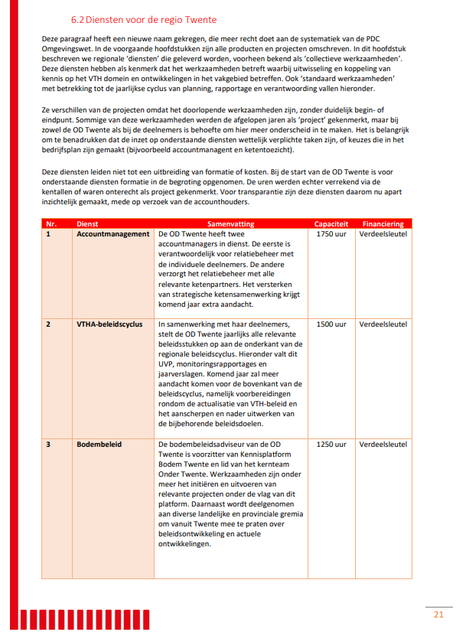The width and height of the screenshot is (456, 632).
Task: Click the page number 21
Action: (x=438, y=614)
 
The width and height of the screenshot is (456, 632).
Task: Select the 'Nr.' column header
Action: (x=51, y=223)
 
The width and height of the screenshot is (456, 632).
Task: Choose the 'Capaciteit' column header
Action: (x=331, y=223)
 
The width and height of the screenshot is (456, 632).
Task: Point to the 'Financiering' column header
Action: (x=383, y=223)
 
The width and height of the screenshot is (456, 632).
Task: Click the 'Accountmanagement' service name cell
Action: (x=113, y=234)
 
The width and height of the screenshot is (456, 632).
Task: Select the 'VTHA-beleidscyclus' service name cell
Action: (x=109, y=324)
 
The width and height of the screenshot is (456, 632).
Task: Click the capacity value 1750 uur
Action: (x=331, y=234)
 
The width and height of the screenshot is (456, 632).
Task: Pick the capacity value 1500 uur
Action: (x=331, y=324)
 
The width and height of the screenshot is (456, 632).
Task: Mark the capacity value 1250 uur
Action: (x=331, y=445)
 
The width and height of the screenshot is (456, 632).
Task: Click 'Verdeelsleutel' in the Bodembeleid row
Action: (x=383, y=445)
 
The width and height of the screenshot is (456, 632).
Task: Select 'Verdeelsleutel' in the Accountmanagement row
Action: (x=383, y=234)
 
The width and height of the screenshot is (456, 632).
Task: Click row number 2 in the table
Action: (x=48, y=324)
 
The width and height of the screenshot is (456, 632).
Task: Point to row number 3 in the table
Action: (x=48, y=445)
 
